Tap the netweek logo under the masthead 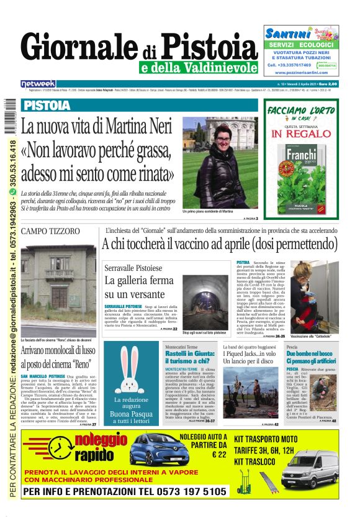click(x=38, y=84)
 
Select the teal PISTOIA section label click(x=48, y=106)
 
